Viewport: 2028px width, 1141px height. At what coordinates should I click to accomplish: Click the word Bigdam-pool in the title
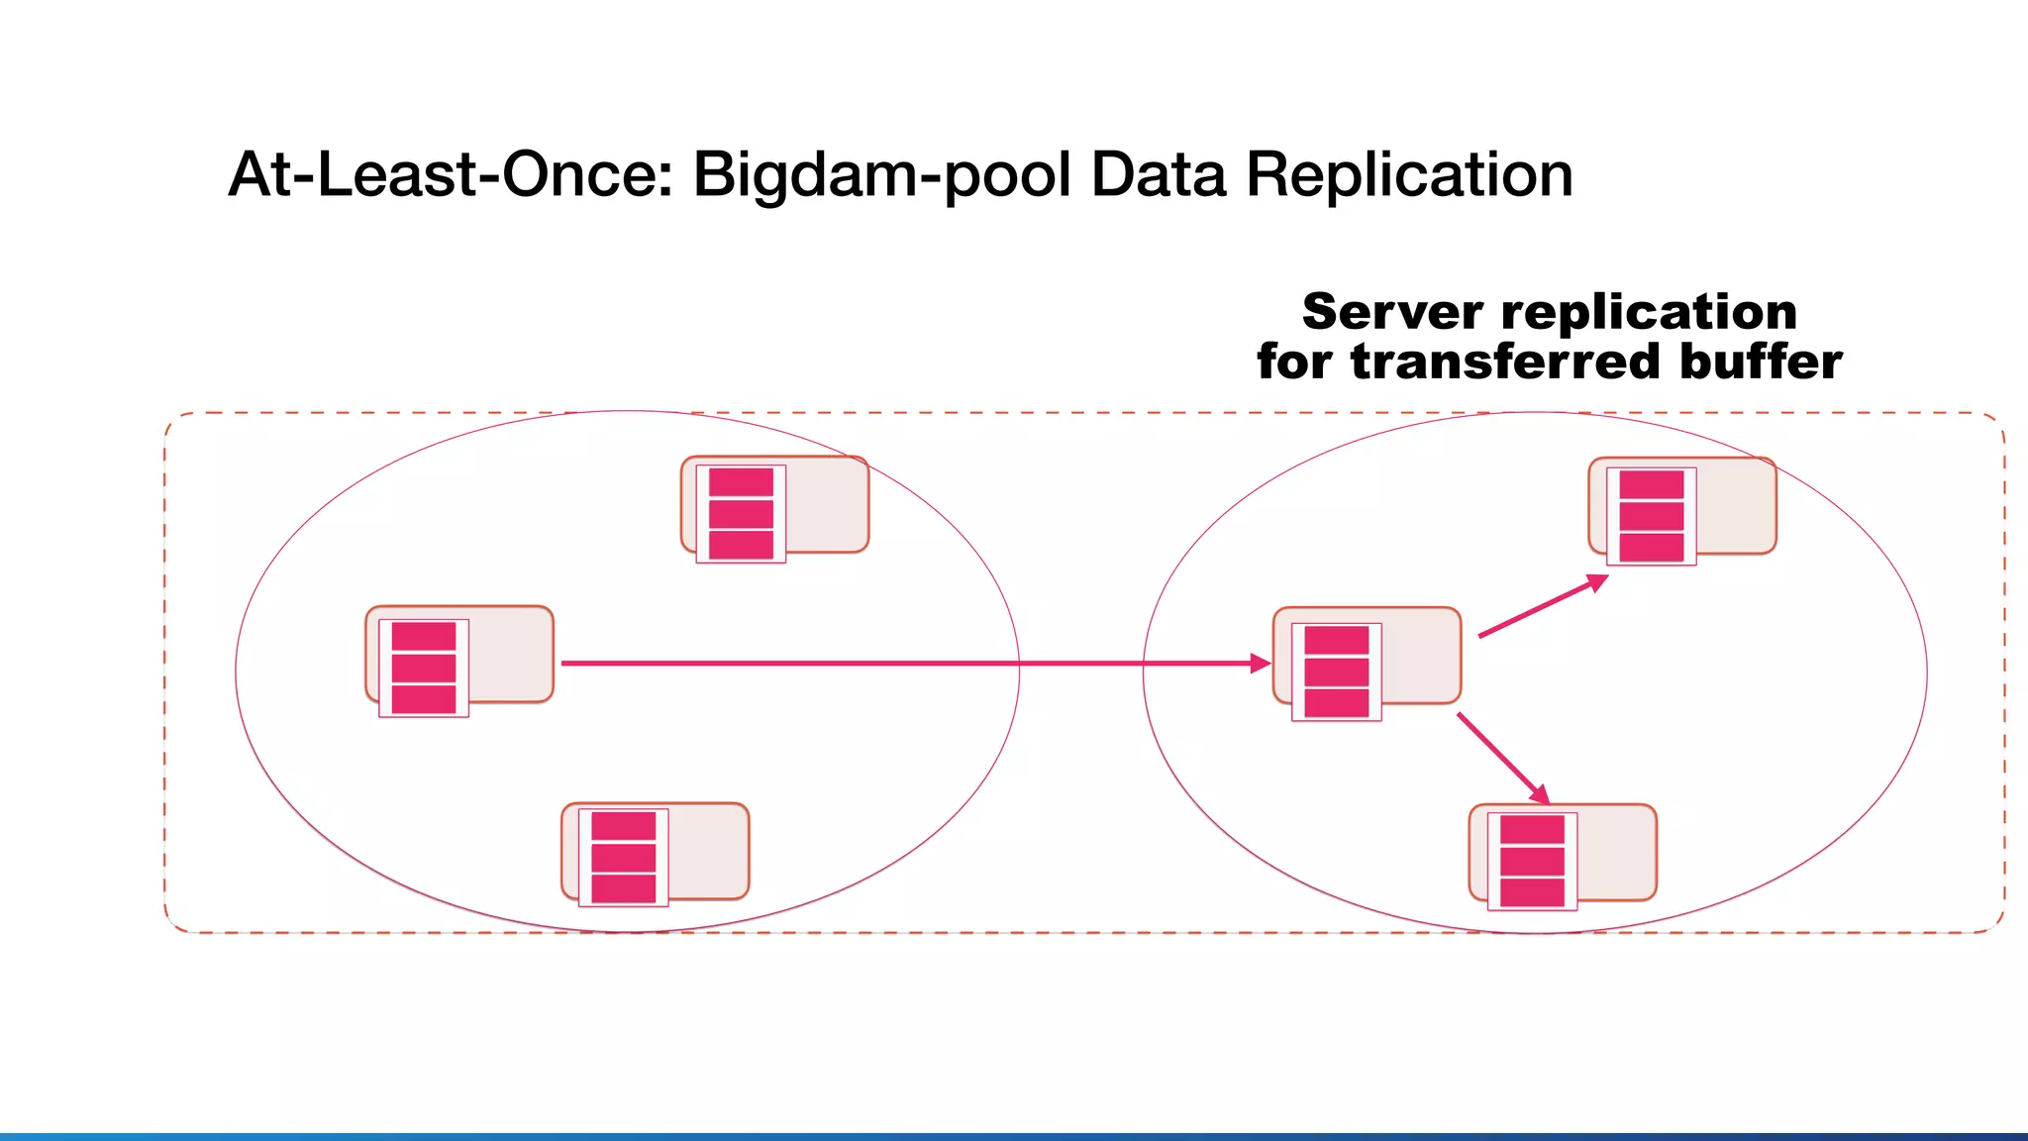[x=880, y=175]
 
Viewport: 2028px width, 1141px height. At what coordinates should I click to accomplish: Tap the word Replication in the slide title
[x=1408, y=175]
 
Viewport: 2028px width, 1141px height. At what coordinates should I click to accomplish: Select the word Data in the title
[x=1158, y=175]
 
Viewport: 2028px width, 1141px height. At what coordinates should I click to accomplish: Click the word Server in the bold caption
[x=1392, y=312]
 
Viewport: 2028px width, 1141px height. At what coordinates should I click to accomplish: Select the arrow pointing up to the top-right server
[x=1541, y=606]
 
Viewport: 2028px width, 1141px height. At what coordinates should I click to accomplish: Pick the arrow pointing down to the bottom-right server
[x=1501, y=758]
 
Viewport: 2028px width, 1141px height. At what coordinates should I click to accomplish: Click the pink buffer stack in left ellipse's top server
[x=741, y=514]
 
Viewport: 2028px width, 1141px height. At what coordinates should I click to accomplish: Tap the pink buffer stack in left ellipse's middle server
[x=424, y=669]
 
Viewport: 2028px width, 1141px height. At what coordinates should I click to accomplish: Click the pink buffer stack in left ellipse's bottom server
[x=624, y=858]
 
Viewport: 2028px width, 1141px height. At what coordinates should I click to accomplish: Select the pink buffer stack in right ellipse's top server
[x=1651, y=516]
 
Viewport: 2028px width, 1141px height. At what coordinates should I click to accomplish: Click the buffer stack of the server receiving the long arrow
[x=1337, y=672]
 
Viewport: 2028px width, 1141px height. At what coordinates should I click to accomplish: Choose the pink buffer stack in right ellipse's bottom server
[x=1532, y=861]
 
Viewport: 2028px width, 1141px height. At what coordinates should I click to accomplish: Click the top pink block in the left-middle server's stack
[x=424, y=636]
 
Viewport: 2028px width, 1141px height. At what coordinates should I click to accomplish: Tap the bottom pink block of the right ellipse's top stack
[x=1651, y=548]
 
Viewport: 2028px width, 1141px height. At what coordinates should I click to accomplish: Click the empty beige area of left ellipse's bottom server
[x=707, y=852]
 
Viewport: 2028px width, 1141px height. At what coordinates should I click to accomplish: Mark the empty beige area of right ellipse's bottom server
[x=1615, y=853]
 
